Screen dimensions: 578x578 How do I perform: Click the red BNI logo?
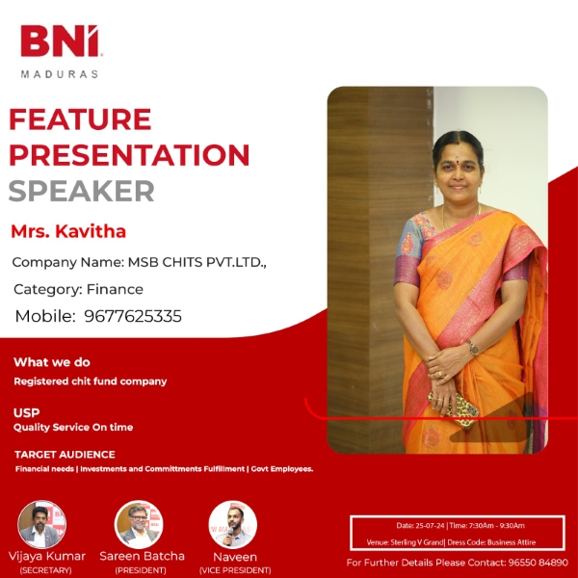coord(60,40)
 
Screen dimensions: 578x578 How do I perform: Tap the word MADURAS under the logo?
coord(60,74)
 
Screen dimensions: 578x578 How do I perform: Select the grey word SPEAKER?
coord(81,191)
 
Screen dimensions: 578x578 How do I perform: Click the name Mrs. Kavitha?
coord(68,231)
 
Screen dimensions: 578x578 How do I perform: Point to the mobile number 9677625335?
coord(133,316)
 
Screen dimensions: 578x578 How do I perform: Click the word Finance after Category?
coord(115,289)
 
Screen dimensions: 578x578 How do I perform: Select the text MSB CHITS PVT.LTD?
coord(197,262)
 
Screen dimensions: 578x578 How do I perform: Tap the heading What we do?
coord(52,362)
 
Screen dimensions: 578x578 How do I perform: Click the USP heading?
coord(27,412)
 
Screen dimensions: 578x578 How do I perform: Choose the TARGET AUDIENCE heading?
coord(65,455)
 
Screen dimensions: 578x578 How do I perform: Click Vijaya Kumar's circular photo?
coord(42,524)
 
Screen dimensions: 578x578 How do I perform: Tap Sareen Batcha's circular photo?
coord(139,524)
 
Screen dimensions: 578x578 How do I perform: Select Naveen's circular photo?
coord(233,524)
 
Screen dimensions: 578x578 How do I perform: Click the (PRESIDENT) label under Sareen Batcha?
coord(141,570)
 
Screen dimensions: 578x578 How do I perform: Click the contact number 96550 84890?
coord(539,563)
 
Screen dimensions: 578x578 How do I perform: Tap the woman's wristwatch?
coord(473,348)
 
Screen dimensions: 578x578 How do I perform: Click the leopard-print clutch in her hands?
coord(454,408)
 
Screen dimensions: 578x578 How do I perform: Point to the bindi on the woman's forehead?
coord(458,160)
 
